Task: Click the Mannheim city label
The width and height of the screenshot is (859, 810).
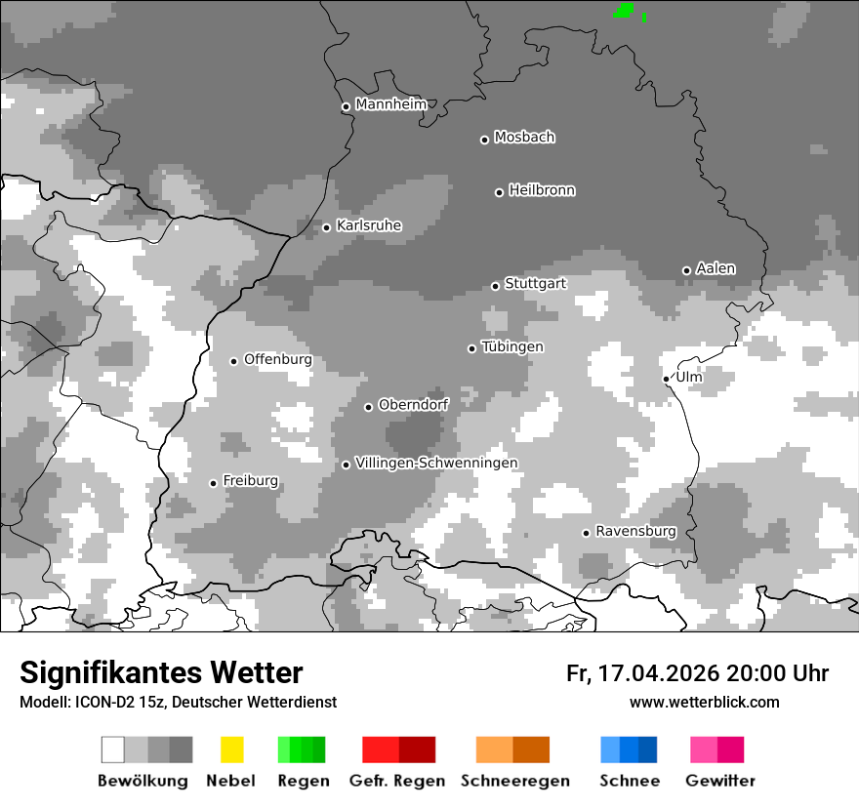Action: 391,104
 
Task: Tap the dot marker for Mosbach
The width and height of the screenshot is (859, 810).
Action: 484,140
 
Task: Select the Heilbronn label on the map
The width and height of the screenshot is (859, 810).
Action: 542,190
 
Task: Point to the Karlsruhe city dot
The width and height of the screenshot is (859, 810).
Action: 327,227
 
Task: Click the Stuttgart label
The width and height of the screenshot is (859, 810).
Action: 535,284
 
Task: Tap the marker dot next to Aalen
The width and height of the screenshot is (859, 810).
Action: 686,270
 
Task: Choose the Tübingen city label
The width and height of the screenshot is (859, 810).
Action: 512,347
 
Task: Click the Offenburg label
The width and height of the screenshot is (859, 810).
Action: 278,359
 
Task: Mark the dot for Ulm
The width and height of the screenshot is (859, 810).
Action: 666,379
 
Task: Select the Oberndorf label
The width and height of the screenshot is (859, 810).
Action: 414,404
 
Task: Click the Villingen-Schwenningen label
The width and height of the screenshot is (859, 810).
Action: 436,463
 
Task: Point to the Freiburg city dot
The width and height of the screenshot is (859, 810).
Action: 213,483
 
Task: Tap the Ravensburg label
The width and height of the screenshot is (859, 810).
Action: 635,531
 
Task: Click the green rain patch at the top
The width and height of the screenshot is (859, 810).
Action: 624,11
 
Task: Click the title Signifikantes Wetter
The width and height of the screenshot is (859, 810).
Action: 161,672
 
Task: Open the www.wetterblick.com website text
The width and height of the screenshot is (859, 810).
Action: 704,702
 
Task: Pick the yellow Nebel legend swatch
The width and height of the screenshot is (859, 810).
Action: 231,749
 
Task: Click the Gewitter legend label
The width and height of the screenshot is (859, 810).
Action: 720,781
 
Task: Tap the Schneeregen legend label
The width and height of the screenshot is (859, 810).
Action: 515,781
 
